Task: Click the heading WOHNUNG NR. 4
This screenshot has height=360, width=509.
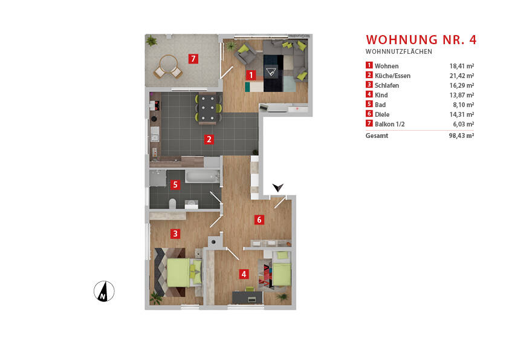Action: [421, 40]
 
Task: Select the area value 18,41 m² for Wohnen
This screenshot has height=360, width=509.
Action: [461, 66]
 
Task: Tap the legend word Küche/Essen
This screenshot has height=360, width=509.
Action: [392, 76]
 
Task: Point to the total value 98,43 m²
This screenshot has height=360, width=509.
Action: [461, 136]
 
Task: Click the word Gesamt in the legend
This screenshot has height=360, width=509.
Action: [377, 136]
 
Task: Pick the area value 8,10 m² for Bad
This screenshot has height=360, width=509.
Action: [462, 105]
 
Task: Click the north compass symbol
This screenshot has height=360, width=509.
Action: [104, 292]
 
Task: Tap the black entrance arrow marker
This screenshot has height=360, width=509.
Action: [277, 189]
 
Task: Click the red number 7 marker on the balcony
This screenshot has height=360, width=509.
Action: [193, 59]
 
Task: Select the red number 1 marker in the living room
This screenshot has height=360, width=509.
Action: [251, 76]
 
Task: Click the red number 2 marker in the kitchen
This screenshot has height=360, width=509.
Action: [209, 139]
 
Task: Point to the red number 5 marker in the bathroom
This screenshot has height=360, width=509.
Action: [175, 185]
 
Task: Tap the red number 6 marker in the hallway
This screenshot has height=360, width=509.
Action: [259, 220]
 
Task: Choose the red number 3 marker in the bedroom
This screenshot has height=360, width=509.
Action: [175, 233]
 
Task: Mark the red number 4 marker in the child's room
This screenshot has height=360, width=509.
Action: [244, 274]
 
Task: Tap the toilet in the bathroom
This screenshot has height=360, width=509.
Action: [173, 204]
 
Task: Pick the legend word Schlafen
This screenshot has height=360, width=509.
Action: [387, 85]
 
